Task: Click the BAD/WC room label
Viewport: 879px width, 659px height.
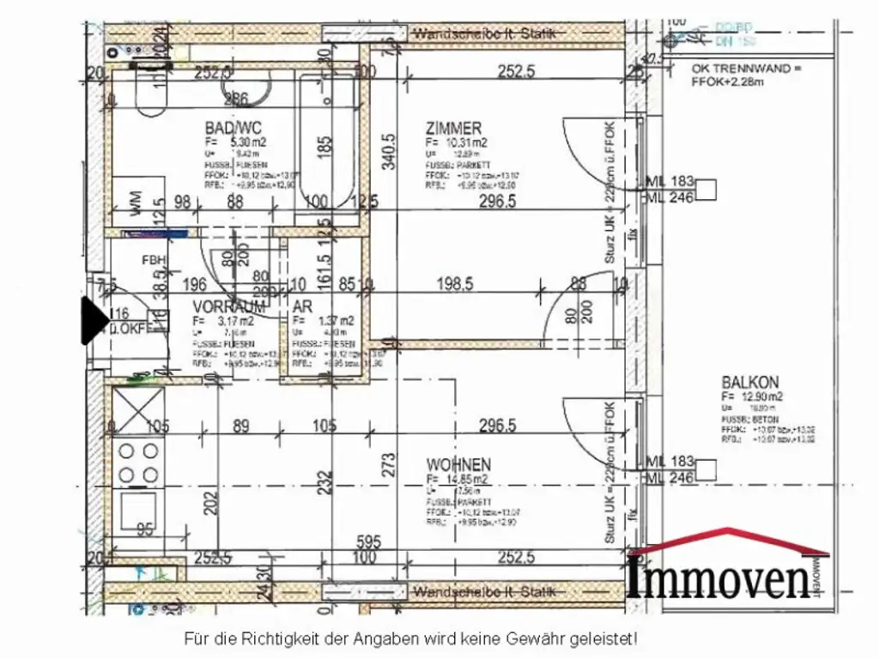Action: [x=227, y=128]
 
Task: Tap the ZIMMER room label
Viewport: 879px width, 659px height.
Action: [x=453, y=128]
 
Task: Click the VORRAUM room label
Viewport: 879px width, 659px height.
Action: [x=228, y=306]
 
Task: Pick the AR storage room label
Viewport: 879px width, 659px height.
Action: [x=301, y=306]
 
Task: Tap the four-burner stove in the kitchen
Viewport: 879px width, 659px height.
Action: [x=138, y=463]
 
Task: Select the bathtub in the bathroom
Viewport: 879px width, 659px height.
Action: [x=326, y=142]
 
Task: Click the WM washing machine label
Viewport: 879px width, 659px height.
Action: [x=136, y=203]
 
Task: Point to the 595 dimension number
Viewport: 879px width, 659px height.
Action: [x=368, y=541]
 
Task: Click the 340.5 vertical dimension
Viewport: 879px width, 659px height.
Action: [x=388, y=151]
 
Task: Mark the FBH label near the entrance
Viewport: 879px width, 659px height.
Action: [x=154, y=260]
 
